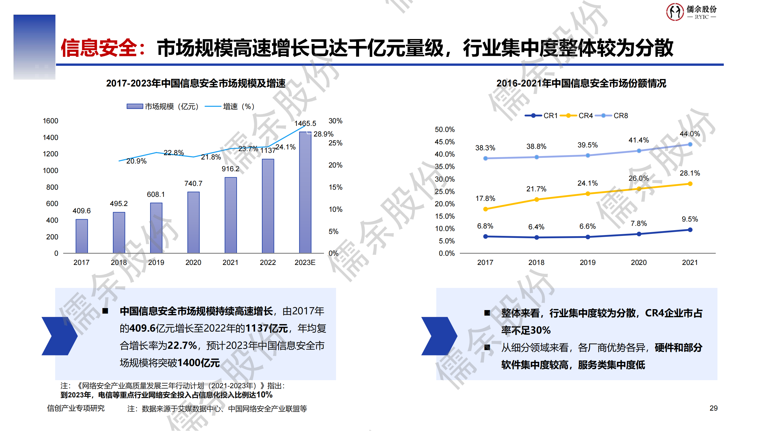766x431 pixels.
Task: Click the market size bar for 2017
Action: (x=82, y=236)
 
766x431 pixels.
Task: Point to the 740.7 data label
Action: (x=193, y=184)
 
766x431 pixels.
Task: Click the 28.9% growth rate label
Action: (x=323, y=134)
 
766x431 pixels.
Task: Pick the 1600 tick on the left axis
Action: (x=50, y=121)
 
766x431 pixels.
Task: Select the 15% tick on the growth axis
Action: (x=335, y=187)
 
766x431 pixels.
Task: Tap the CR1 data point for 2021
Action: (x=690, y=230)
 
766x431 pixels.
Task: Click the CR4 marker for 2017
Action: (x=485, y=209)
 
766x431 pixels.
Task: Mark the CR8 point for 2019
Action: (x=588, y=155)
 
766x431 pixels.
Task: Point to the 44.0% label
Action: (x=690, y=134)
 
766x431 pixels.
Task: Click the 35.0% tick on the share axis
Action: (x=445, y=167)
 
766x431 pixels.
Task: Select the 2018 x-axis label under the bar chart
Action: (x=119, y=263)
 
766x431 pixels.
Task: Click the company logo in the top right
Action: (x=691, y=12)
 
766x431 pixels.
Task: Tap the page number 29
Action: (x=713, y=408)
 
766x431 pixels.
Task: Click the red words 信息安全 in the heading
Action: (x=99, y=48)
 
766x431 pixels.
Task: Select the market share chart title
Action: (x=581, y=83)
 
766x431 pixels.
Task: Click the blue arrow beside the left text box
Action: (x=59, y=336)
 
